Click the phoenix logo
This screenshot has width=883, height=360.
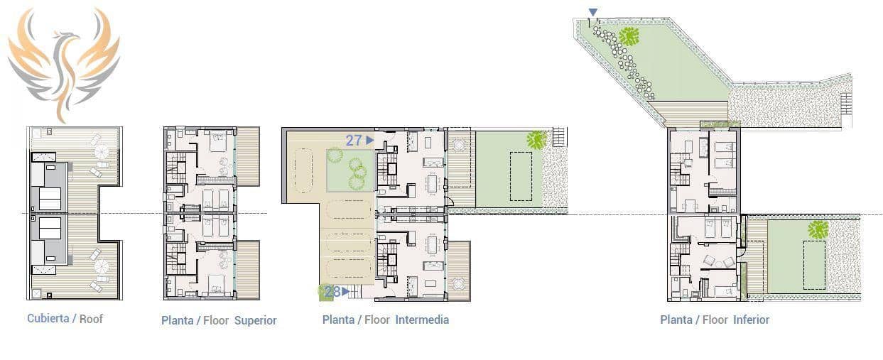coord(63,62)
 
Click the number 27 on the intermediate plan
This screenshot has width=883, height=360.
coord(354,141)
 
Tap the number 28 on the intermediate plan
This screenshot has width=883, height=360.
coord(332,291)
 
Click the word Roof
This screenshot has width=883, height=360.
coord(91,319)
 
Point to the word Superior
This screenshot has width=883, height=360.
coord(255,320)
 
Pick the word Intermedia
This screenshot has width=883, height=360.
coord(422,320)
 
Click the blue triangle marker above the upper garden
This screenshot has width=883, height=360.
coord(593,11)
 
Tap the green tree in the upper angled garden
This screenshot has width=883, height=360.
coord(628,36)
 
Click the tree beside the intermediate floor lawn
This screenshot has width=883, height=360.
coord(536,140)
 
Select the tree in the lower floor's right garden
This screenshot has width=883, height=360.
coord(818,229)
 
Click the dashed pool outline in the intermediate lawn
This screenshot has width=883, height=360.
coord(521,176)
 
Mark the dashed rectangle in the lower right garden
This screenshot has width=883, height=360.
coord(814,265)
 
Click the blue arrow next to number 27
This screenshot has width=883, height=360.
coord(370,141)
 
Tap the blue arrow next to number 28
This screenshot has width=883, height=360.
coord(345,291)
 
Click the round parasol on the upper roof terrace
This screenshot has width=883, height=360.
coord(102,152)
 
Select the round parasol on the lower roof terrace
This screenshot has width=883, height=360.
coord(102,267)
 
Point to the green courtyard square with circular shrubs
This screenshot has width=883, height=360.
coord(350,170)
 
